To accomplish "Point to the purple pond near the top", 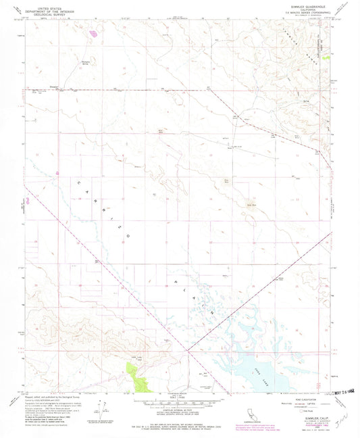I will (93, 30).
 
